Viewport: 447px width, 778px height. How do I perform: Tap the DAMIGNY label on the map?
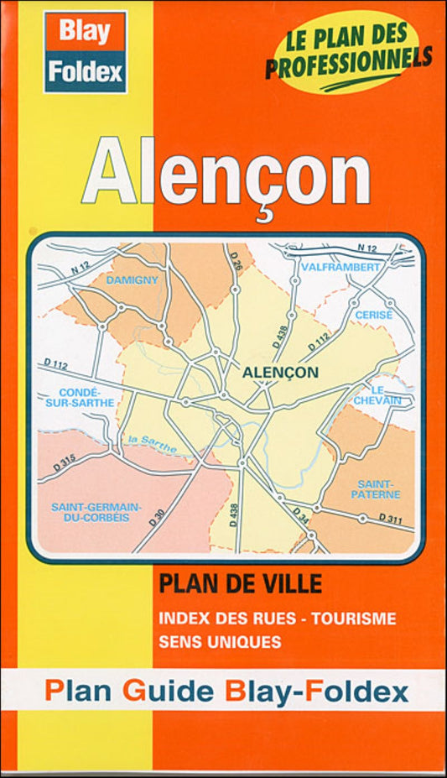(132, 279)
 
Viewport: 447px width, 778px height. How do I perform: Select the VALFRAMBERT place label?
(340, 267)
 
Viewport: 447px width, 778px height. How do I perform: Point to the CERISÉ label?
(373, 313)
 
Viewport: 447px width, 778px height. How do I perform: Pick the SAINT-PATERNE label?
(379, 489)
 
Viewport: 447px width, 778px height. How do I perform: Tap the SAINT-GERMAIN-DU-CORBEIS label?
(96, 513)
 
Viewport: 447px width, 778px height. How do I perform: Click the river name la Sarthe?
(152, 444)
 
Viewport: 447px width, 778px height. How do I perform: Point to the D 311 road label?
(389, 520)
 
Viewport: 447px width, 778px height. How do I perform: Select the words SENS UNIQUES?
(220, 642)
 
